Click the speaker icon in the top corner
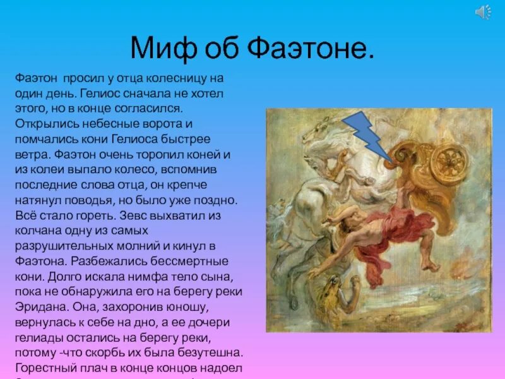click(x=484, y=12)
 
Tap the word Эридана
click(x=40, y=306)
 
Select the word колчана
click(x=39, y=231)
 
